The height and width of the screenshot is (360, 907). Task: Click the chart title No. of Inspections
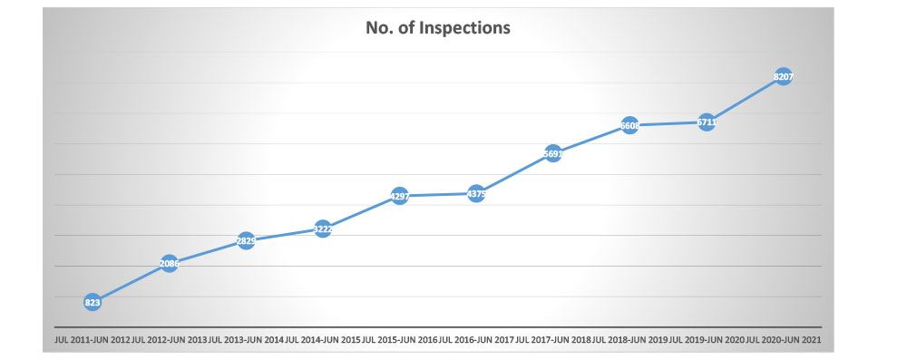438,28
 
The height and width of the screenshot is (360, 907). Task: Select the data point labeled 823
93,303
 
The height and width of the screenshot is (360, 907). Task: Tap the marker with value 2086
169,264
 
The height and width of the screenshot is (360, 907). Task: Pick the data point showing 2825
246,240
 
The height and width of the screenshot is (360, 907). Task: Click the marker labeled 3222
323,229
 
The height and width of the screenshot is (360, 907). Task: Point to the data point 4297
399,196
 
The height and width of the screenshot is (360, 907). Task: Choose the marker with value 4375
476,193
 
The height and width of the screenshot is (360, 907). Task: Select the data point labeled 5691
553,153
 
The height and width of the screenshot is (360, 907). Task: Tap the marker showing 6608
629,126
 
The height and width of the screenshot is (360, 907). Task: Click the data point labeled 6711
707,122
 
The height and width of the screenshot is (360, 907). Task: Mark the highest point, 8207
784,77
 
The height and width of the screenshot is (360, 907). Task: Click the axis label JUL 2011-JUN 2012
93,340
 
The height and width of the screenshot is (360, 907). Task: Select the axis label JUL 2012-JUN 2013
170,340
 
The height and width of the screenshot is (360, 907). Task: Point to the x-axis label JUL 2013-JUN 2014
246,340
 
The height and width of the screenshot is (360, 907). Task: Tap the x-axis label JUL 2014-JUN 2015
323,340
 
